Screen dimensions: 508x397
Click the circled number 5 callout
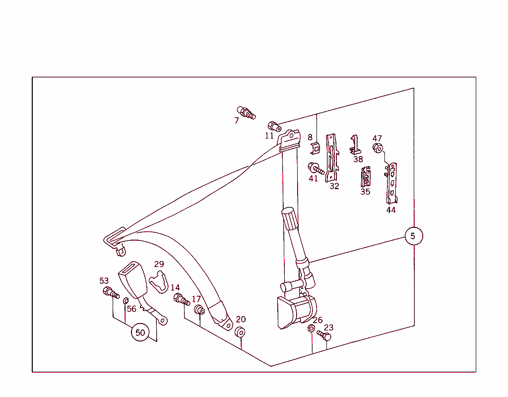414,236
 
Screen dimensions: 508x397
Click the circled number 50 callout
140,332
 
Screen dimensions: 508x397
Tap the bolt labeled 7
246,113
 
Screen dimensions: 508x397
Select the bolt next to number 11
274,127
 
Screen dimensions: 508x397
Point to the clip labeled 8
315,148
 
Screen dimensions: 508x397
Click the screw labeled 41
316,169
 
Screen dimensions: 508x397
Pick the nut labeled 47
378,148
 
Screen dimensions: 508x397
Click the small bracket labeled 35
366,177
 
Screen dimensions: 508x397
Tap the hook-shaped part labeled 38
355,144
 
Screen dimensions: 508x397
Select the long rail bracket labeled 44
392,183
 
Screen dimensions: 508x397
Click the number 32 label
334,186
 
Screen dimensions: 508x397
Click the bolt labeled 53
111,292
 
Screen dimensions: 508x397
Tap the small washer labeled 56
126,301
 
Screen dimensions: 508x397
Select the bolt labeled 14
182,299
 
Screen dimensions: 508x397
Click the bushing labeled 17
199,310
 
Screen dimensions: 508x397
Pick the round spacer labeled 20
240,332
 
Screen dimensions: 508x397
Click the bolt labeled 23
324,335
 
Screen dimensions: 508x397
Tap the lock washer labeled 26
311,329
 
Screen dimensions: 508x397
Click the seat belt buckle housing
133,279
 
